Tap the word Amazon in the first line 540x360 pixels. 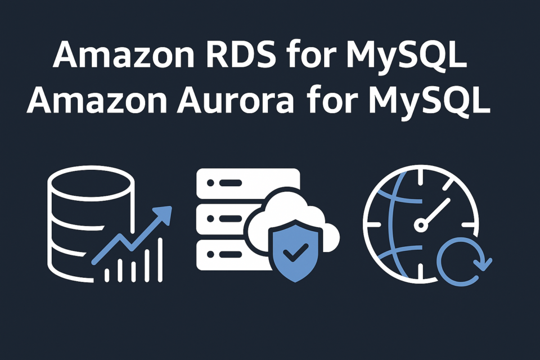click(x=124, y=55)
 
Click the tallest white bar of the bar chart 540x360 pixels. click(x=160, y=260)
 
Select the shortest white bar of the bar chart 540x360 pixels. click(x=107, y=275)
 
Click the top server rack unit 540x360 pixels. click(x=248, y=183)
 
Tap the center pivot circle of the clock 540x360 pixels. click(x=421, y=226)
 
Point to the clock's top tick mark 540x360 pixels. click(x=421, y=177)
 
